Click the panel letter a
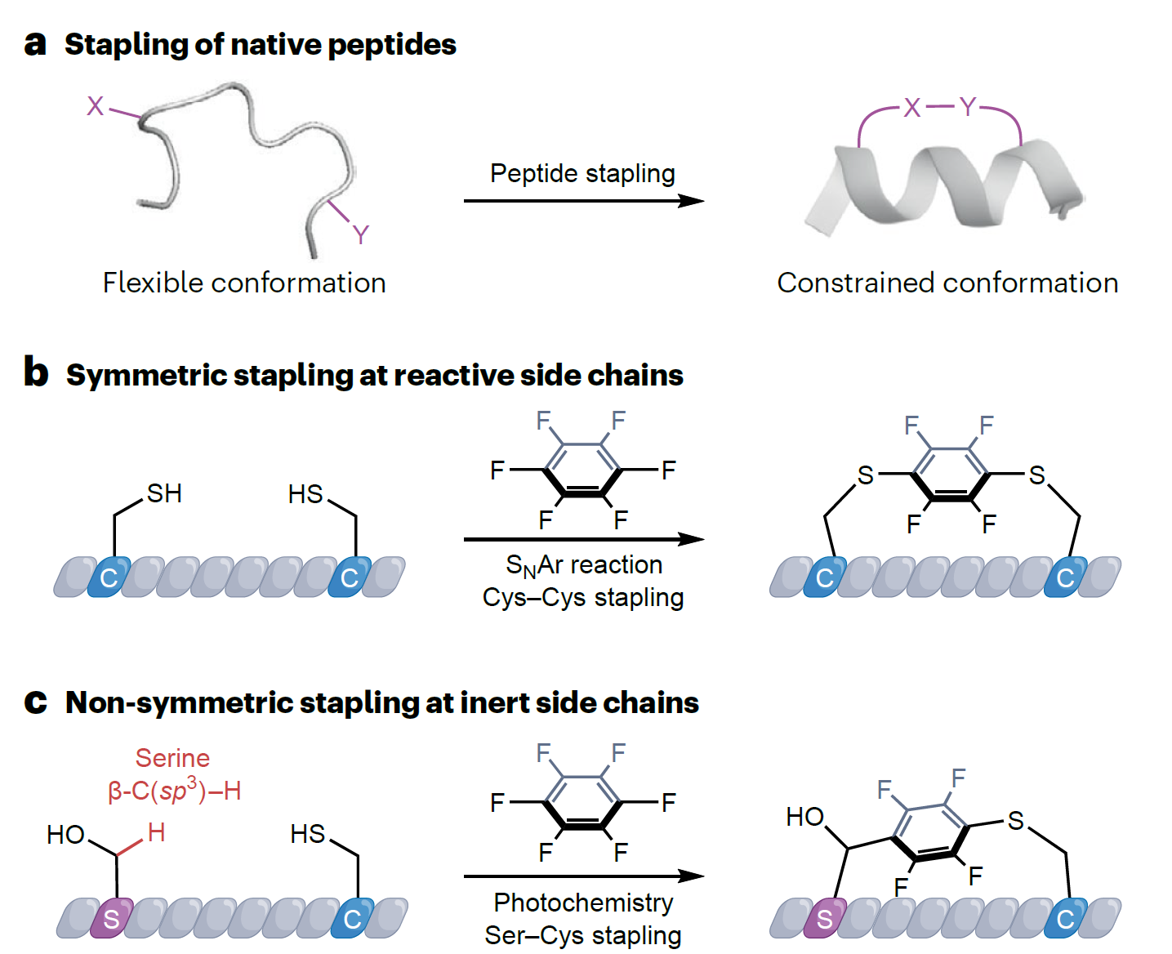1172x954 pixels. click(x=35, y=45)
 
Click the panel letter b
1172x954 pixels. click(x=36, y=372)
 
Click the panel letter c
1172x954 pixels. click(x=35, y=702)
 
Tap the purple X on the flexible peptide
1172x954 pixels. click(x=96, y=106)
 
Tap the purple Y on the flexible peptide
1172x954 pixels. click(x=361, y=235)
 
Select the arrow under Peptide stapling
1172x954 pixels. click(x=583, y=200)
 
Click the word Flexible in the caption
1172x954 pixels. click(x=152, y=283)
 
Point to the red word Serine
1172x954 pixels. click(x=172, y=758)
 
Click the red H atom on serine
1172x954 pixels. click(x=156, y=832)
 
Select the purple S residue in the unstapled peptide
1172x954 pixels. click(x=112, y=918)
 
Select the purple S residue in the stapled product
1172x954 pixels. click(x=825, y=918)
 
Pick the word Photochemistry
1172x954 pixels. click(x=583, y=903)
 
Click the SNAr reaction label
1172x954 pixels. click(x=583, y=565)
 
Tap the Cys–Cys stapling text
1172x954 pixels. click(x=583, y=598)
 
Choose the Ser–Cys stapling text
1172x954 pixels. click(x=583, y=935)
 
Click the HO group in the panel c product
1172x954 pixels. click(x=804, y=817)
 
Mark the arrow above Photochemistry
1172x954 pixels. click(x=583, y=876)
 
